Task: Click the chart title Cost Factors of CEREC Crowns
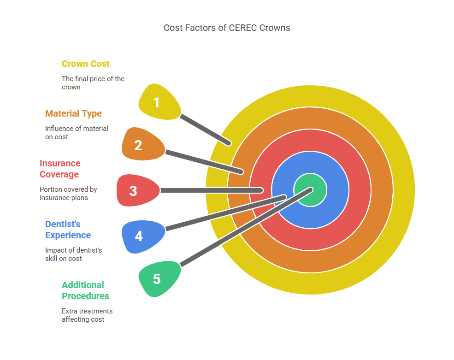click(227, 28)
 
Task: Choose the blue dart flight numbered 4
click(141, 236)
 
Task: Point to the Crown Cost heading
click(86, 64)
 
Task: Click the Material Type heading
click(74, 113)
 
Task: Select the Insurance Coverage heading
click(60, 169)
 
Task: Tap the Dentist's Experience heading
click(68, 230)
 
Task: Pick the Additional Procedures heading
click(85, 290)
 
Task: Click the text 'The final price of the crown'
click(93, 83)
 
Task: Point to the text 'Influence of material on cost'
click(77, 132)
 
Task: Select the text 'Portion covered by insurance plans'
click(68, 193)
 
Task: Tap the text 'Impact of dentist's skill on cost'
click(73, 254)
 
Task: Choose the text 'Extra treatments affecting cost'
click(87, 315)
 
